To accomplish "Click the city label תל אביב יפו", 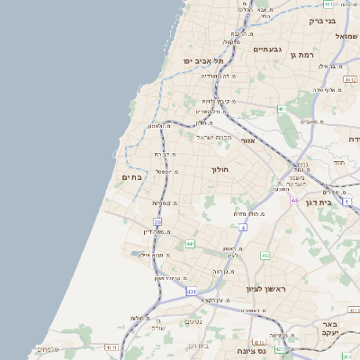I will coord(203,60).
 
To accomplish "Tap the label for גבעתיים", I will coord(267,49).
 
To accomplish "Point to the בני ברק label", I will coord(321,20).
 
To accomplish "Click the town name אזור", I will coord(249,140).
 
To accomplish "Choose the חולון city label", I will coord(220,169).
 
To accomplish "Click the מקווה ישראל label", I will coord(213,137).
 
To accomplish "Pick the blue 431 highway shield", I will coord(191,292).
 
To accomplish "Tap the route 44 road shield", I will coord(293,200).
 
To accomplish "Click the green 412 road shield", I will coord(265,256).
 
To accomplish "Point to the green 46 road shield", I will coord(281,109).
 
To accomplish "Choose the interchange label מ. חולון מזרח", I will coord(246,212).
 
